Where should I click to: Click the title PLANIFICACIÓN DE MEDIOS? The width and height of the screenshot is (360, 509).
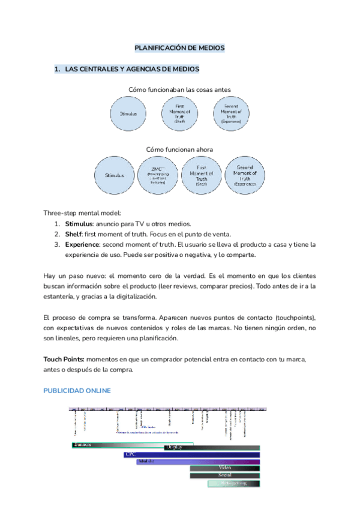(179, 47)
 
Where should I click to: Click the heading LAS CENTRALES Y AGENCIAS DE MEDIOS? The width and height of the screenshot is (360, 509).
(131, 70)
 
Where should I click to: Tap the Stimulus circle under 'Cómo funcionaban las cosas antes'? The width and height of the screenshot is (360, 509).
(128, 113)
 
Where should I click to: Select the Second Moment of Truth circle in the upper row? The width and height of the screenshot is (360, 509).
(231, 113)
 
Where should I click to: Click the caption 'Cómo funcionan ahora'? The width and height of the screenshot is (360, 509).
(179, 149)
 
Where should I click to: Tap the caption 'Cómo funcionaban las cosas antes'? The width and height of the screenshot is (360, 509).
(179, 89)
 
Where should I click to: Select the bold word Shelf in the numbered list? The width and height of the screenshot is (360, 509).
(74, 233)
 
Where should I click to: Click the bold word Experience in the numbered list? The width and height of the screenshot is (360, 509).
(83, 244)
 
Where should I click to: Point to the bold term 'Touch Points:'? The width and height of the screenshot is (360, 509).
(67, 359)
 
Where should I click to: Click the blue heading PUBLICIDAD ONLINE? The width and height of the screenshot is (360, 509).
(77, 391)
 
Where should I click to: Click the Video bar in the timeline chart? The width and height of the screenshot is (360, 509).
(225, 468)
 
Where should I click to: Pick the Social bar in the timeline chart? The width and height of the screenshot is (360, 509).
(225, 475)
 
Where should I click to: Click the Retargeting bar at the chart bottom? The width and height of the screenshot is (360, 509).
(234, 483)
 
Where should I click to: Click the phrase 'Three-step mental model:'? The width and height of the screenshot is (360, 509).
(82, 212)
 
